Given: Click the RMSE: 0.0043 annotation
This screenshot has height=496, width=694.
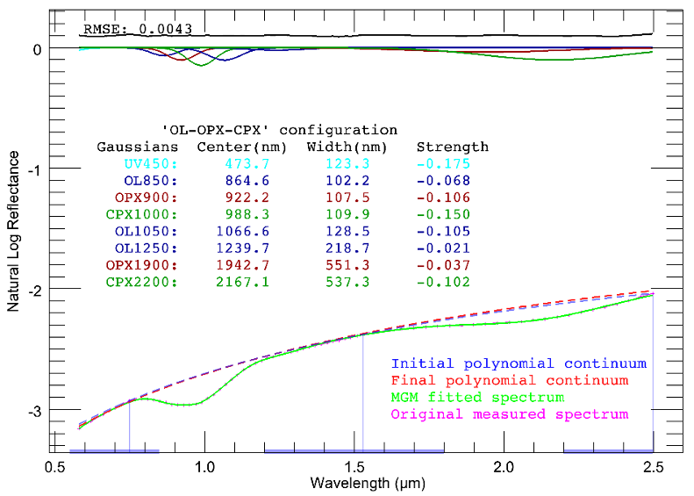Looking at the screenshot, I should click(138, 29).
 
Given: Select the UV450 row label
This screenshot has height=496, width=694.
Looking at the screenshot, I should click(152, 164).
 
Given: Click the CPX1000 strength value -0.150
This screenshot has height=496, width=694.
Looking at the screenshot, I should click(443, 214).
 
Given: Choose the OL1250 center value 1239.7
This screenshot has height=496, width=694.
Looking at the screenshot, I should click(242, 248).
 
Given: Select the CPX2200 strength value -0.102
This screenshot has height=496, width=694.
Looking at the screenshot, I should click(443, 282).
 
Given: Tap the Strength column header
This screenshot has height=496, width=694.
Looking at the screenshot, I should click(452, 147).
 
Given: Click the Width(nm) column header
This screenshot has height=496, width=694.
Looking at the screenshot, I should click(342, 147).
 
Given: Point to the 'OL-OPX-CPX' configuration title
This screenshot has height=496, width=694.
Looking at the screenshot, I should click(280, 130).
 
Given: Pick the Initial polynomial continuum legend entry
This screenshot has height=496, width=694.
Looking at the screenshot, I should click(519, 363).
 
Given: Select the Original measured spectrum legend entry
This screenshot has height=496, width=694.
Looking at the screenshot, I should click(510, 414).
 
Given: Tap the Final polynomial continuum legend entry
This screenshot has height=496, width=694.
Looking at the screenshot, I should click(510, 381).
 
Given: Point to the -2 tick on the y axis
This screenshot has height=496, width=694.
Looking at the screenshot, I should click(37, 290).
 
